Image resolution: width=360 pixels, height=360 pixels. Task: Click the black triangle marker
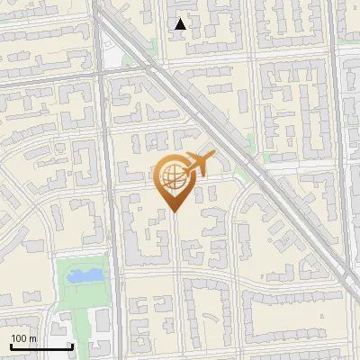pos(181,24)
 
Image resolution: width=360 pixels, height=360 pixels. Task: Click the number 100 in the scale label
pos(19,338)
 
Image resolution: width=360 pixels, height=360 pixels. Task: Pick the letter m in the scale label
pos(32,338)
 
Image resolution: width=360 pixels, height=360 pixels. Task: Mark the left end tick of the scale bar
pos(10,346)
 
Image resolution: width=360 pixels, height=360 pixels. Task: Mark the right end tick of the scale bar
pos(72,346)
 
